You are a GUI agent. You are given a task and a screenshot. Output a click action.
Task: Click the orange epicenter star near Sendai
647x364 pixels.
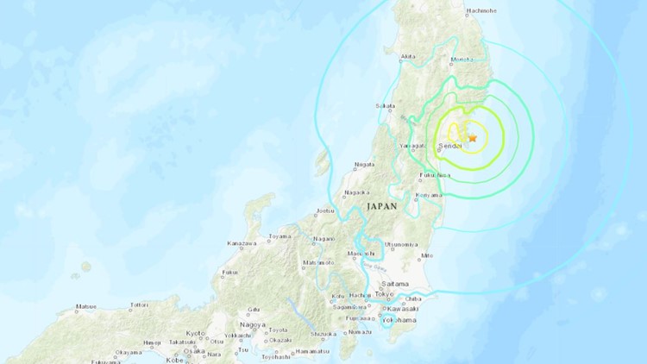472,137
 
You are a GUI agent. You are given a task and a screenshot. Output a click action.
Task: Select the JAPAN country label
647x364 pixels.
381,207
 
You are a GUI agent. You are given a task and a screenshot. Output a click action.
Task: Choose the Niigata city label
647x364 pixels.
366,164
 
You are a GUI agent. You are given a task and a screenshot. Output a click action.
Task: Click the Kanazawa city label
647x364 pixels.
243,244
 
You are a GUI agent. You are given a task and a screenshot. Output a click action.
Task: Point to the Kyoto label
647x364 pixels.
196,333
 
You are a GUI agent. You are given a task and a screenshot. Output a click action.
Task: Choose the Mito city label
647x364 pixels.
426,255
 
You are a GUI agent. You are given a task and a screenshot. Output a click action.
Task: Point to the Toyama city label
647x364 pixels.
279,235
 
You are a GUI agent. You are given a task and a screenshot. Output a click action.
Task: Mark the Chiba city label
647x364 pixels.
412,299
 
